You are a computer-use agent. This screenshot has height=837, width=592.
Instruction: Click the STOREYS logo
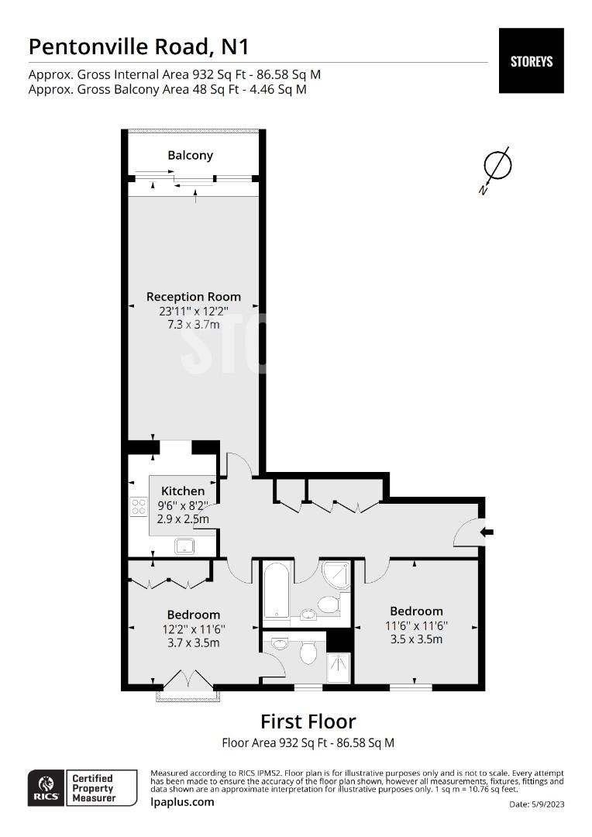click(x=531, y=61)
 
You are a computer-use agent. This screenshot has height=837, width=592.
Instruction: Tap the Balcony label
click(x=190, y=155)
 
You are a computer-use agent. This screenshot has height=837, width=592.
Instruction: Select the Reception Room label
click(x=193, y=297)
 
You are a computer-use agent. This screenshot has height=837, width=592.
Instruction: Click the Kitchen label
click(x=183, y=491)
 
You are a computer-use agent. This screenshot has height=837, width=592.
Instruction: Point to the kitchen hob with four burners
click(x=139, y=506)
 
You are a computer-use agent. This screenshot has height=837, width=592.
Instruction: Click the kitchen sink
click(x=185, y=546)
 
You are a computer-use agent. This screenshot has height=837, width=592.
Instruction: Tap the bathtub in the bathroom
click(x=277, y=589)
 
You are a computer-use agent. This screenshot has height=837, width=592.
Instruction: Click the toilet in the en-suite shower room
click(x=308, y=651)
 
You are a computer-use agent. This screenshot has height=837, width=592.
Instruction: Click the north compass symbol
click(x=497, y=169)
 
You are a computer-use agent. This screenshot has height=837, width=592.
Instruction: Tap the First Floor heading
click(x=308, y=722)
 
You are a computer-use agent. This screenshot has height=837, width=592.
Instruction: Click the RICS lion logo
click(x=46, y=788)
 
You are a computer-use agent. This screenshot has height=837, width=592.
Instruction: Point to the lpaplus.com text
click(x=182, y=802)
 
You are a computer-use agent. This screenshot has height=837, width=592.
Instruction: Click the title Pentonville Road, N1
click(x=139, y=47)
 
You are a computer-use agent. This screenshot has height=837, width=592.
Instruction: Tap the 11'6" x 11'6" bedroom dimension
click(x=416, y=625)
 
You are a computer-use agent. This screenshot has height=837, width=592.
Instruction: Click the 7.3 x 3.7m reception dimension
click(x=193, y=325)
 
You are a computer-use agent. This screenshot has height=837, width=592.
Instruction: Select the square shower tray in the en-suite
click(x=339, y=667)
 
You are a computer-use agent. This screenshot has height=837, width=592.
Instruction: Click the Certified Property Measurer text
click(x=94, y=788)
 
